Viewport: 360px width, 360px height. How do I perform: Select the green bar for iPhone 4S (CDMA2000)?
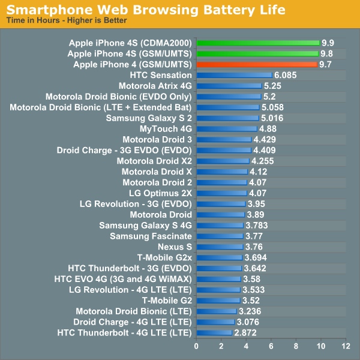click(x=257, y=43)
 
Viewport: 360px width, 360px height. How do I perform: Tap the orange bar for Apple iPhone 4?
click(x=256, y=64)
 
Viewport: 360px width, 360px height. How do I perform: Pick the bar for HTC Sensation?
click(x=234, y=75)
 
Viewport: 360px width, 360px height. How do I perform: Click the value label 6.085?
click(x=286, y=75)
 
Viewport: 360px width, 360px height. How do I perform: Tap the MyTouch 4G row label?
click(x=166, y=129)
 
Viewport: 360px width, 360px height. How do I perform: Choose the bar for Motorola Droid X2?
click(x=223, y=161)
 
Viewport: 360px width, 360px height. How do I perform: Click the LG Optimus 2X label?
click(x=160, y=193)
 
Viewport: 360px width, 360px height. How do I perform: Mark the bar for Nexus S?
click(x=220, y=247)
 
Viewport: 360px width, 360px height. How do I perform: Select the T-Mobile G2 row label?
click(x=167, y=300)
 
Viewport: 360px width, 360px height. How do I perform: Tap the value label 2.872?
click(x=245, y=332)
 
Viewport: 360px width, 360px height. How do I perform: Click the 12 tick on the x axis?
click(x=344, y=346)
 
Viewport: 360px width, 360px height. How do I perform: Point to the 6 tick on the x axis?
click(x=271, y=346)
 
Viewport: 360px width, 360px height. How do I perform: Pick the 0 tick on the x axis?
click(x=196, y=346)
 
